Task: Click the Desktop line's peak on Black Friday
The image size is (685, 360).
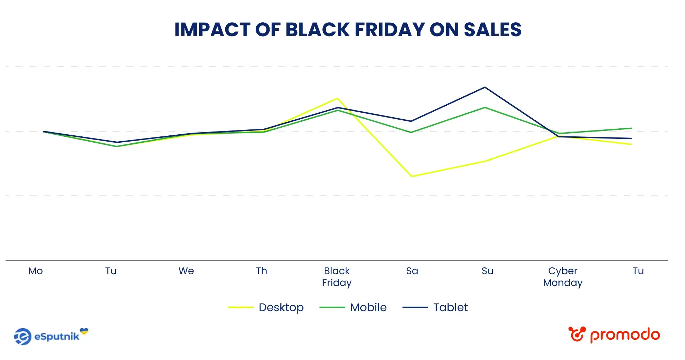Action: point(337,98)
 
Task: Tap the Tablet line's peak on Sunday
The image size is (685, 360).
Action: point(485,87)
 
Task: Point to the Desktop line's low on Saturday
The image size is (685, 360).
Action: point(412,176)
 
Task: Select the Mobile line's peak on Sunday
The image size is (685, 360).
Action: point(485,107)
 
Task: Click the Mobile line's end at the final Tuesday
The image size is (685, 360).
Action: point(632,128)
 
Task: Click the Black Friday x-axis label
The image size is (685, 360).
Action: point(337,277)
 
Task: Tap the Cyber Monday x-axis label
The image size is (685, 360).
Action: point(563,277)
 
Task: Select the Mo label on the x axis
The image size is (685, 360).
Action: point(36,271)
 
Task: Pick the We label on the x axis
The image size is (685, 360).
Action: point(186,271)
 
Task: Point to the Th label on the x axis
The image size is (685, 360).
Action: point(262,271)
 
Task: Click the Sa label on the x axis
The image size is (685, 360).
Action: point(412,271)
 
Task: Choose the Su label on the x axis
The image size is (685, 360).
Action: point(487,271)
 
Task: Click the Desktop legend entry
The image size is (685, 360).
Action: point(266,307)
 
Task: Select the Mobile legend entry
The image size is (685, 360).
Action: point(353,307)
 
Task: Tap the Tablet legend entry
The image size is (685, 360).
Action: point(435,307)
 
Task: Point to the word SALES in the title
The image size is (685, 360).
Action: point(492,30)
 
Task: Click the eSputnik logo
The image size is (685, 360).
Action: point(51,336)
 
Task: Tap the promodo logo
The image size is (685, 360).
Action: point(614,335)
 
